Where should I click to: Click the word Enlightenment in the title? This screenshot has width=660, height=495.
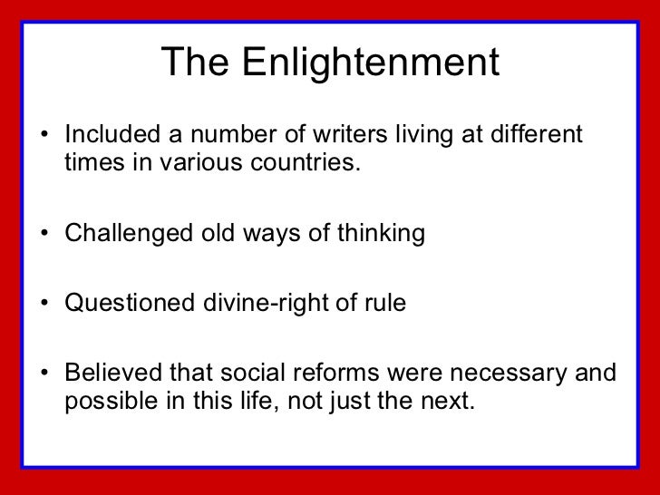pos(372,63)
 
